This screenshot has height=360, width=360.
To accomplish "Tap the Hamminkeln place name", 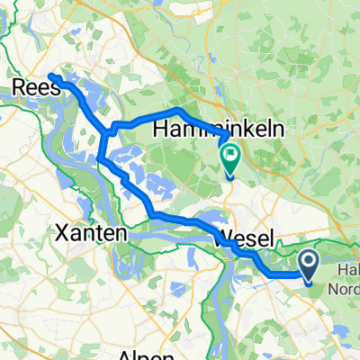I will click(x=219, y=130).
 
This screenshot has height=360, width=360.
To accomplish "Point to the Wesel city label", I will click(x=247, y=239).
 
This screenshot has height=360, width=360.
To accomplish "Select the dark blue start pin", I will click(x=308, y=265).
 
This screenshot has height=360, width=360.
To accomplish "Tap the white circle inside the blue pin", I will click(x=308, y=262).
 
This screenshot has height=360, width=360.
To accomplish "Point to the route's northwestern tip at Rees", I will click(x=50, y=76).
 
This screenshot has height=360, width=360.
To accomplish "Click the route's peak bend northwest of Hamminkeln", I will click(x=179, y=110).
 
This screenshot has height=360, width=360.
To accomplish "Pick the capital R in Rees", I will click(x=21, y=87).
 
